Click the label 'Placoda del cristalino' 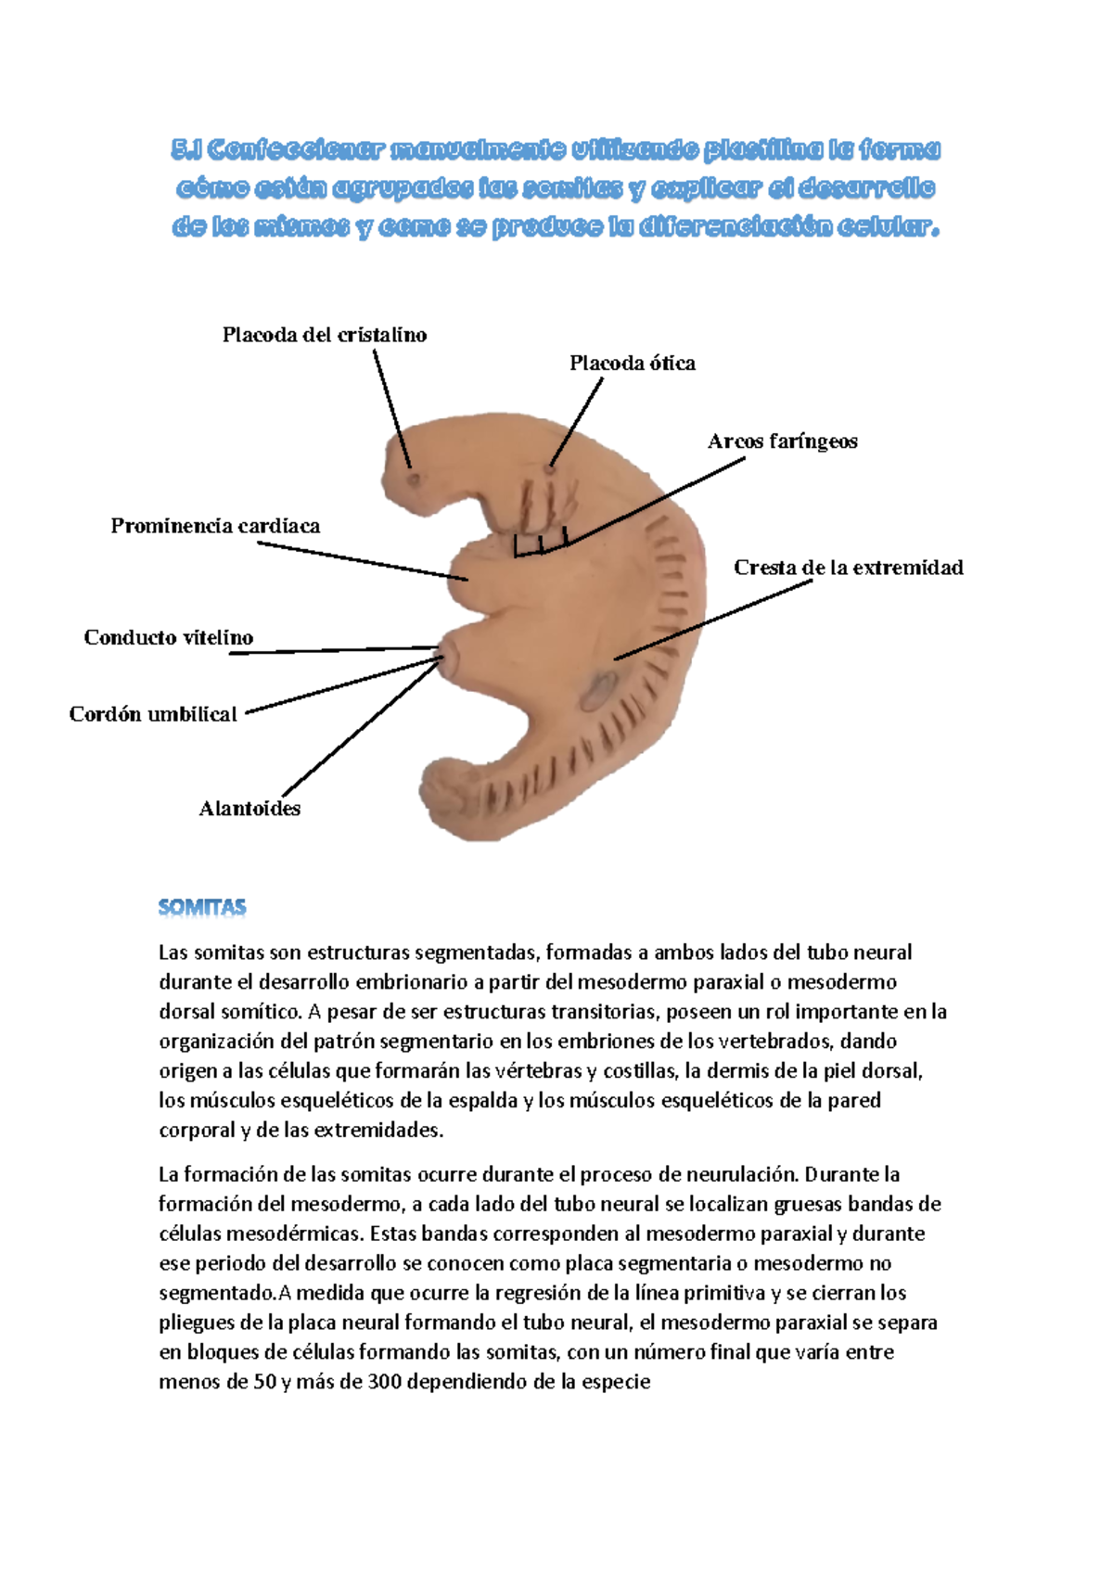click(x=325, y=335)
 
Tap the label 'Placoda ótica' click(x=632, y=364)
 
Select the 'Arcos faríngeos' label click(x=782, y=441)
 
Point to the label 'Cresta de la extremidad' click(x=848, y=568)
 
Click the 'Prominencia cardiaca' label click(x=215, y=526)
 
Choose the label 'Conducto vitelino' click(x=168, y=637)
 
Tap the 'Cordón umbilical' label click(x=153, y=714)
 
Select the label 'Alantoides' click(x=249, y=809)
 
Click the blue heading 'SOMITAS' click(x=202, y=907)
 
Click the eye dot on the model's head click(x=413, y=479)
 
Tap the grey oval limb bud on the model click(x=598, y=690)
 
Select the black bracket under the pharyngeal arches click(x=540, y=547)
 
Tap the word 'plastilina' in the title click(x=762, y=149)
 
